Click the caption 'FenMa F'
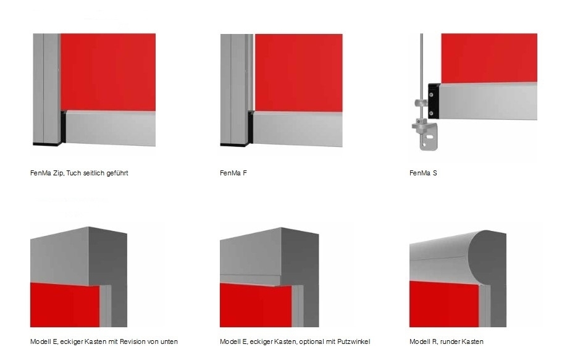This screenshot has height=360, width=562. click(233, 173)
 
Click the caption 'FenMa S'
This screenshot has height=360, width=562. click(423, 173)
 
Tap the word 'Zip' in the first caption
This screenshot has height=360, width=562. click(59, 173)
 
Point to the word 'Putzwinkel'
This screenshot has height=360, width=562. click(354, 341)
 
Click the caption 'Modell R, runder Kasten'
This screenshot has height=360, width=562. click(447, 341)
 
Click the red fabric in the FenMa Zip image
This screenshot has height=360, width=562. click(108, 72)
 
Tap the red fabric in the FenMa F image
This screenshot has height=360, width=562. click(298, 73)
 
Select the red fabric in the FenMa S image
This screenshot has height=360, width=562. click(489, 58)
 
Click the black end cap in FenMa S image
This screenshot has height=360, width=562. click(434, 101)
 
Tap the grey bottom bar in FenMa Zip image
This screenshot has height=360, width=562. click(111, 128)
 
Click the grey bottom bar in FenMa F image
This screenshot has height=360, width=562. click(298, 129)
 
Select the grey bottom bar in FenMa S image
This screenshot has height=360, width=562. click(489, 101)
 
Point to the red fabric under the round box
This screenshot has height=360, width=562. click(445, 304)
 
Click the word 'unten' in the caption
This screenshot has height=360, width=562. click(169, 341)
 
